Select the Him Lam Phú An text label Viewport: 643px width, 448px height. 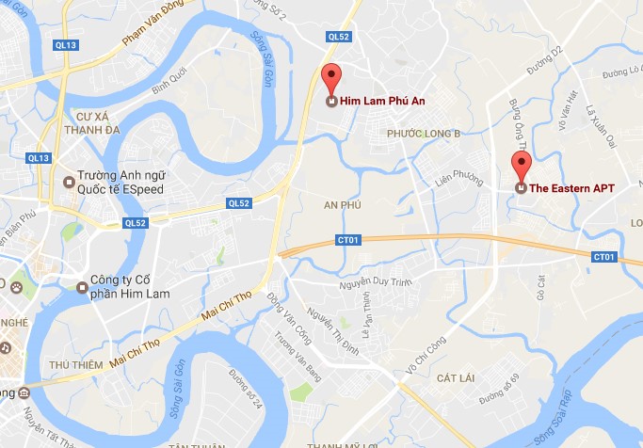point(377,101)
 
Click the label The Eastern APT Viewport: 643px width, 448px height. point(571,188)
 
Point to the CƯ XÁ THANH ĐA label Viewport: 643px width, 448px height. point(88,125)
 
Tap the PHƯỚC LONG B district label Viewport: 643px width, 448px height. point(424,135)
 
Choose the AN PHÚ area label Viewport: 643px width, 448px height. point(343,204)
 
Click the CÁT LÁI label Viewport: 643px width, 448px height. point(461,377)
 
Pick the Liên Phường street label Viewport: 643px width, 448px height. point(460,178)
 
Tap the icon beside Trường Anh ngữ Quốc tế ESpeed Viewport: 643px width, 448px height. point(68,182)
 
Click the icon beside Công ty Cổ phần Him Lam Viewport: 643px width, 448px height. point(82,286)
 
